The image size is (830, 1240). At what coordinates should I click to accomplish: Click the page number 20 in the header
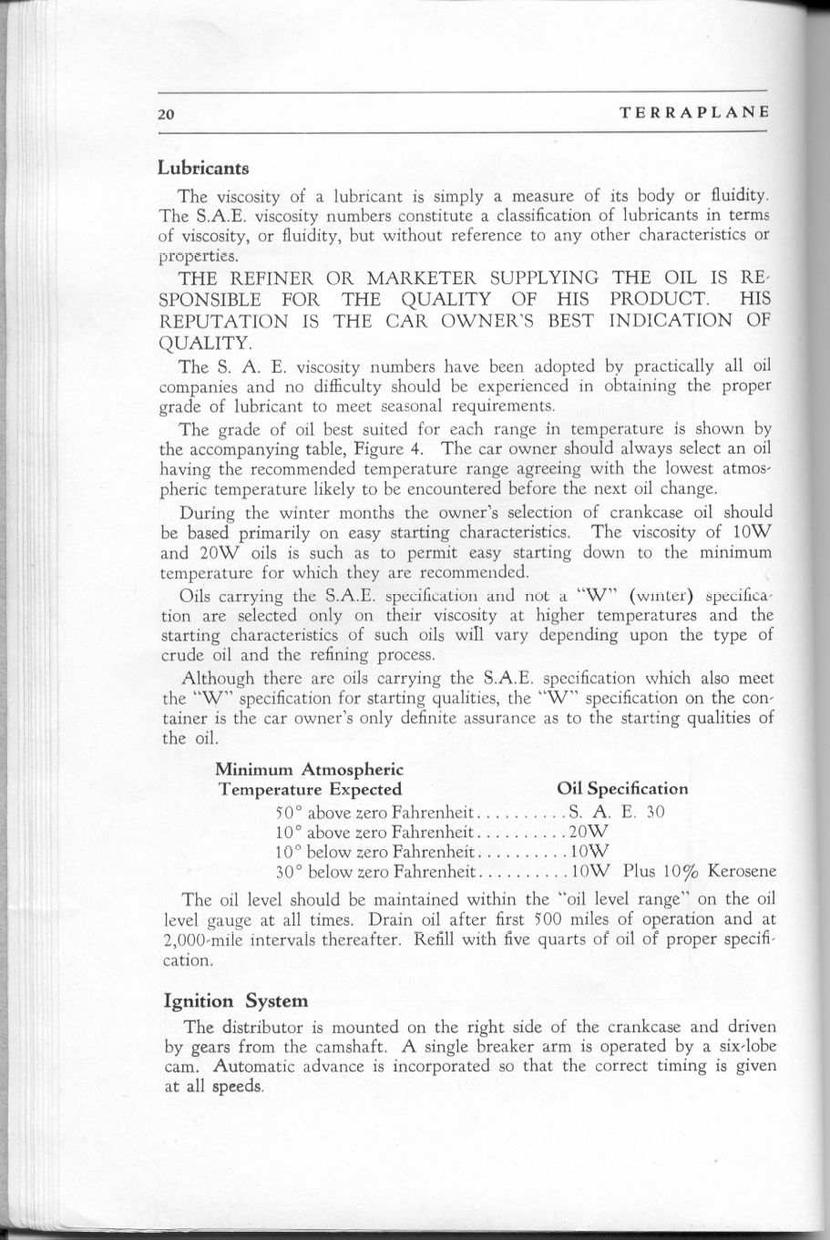pos(165,114)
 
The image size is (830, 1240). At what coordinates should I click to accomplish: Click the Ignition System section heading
pos(235,1001)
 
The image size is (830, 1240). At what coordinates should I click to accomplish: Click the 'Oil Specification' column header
pos(621,788)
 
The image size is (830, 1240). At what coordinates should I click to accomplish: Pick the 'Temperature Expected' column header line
pos(310,788)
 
